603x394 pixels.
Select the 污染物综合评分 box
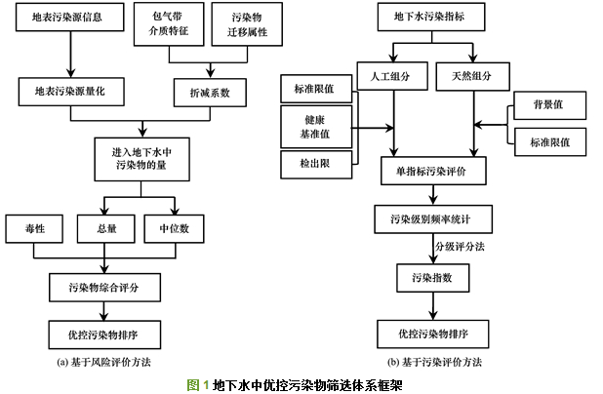[x=104, y=287]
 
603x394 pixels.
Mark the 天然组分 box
[x=472, y=75]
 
